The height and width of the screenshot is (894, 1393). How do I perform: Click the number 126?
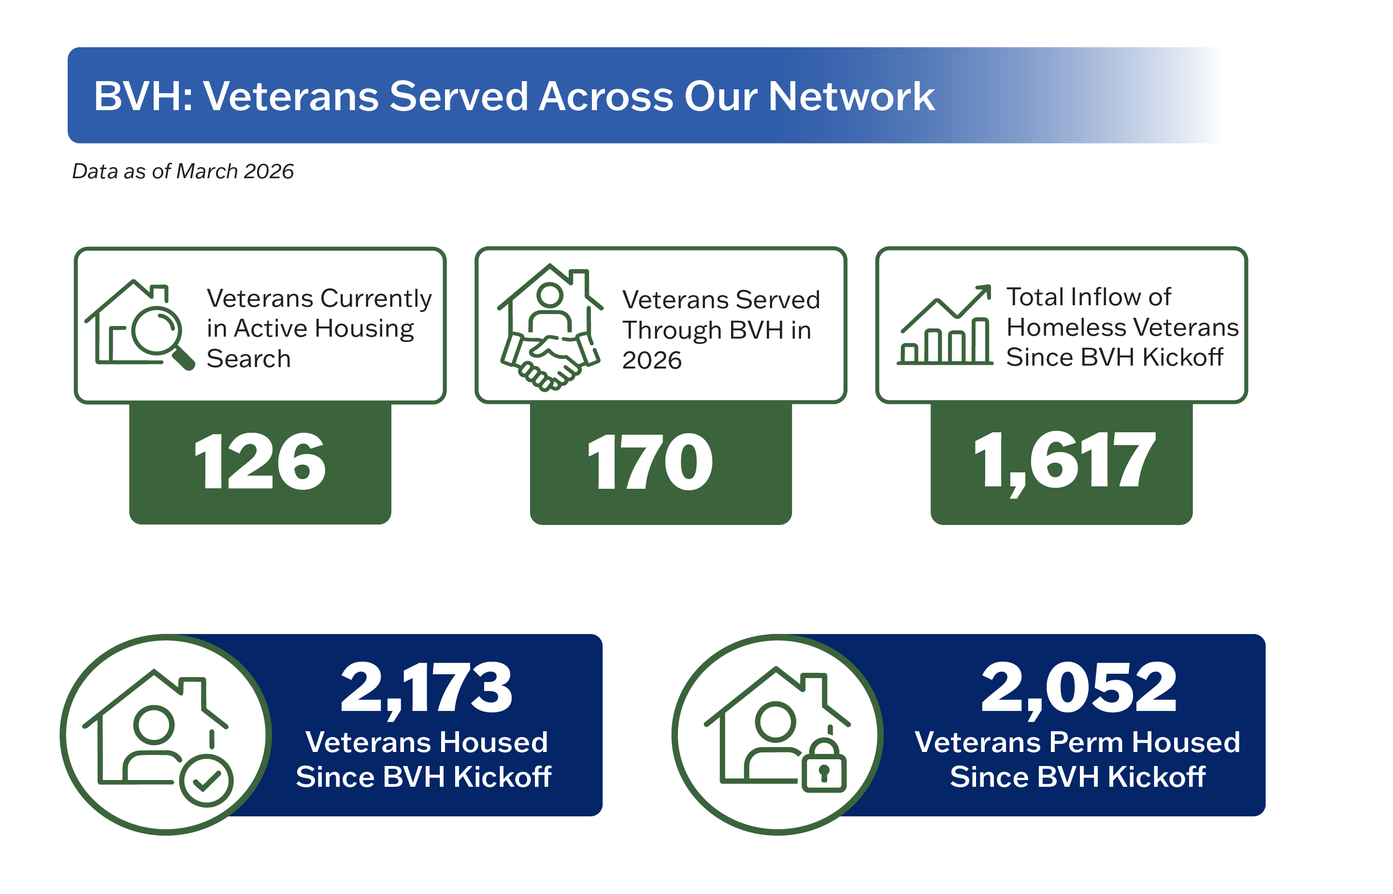pyautogui.click(x=259, y=462)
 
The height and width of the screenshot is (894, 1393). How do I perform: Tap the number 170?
pyautogui.click(x=650, y=462)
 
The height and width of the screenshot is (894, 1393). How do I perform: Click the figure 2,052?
pyautogui.click(x=1079, y=689)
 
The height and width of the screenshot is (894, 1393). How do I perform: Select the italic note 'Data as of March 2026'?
pyautogui.click(x=183, y=171)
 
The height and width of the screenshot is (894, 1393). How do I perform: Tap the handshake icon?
pyautogui.click(x=550, y=361)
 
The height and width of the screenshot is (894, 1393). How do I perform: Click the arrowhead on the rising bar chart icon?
pyautogui.click(x=984, y=292)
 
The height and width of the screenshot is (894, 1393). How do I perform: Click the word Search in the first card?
pyautogui.click(x=248, y=359)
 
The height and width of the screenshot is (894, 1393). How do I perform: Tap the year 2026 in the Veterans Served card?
pyautogui.click(x=651, y=360)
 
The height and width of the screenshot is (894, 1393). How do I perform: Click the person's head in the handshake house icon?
pyautogui.click(x=549, y=295)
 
